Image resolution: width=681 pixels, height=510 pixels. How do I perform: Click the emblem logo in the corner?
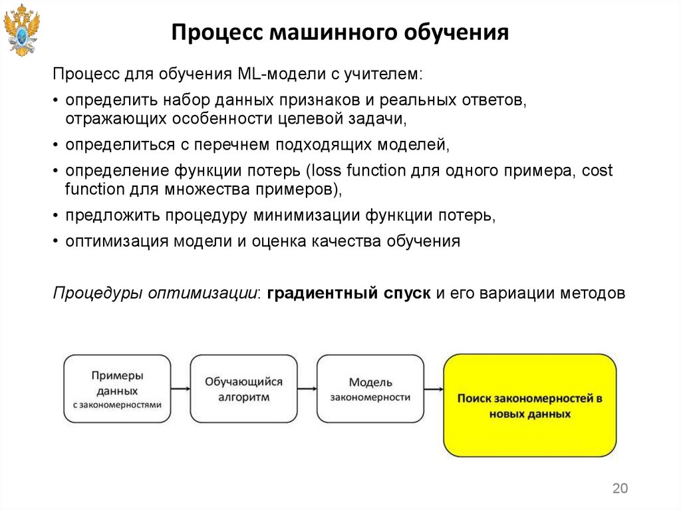coord(22,31)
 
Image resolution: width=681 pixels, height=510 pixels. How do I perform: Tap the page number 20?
coord(619,489)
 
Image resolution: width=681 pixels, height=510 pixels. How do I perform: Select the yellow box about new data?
coord(529,405)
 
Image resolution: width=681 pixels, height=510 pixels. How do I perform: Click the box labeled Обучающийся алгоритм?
coord(243,389)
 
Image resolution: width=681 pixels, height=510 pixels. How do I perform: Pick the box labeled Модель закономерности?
coord(370,389)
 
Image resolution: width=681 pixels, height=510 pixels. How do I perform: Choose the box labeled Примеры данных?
coord(117,389)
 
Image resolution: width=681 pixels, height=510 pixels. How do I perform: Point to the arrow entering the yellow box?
coord(434,390)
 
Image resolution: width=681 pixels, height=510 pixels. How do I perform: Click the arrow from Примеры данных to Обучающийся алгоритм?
coord(180,390)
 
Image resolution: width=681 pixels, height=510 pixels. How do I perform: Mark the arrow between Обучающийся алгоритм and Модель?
coord(307,390)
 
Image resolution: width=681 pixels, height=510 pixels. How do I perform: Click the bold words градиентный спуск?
coord(349,293)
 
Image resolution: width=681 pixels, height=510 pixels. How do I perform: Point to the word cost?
coord(597,170)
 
